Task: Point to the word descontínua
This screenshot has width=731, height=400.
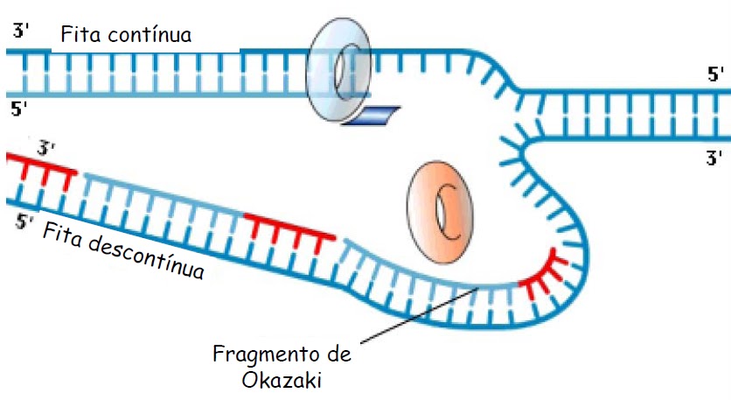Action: (x=143, y=255)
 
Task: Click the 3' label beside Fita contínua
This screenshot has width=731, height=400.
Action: (x=22, y=32)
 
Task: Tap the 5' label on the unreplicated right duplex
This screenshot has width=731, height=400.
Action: (x=715, y=74)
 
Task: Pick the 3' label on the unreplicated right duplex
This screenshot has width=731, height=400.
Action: (x=715, y=158)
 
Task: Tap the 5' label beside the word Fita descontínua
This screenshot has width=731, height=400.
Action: (x=24, y=221)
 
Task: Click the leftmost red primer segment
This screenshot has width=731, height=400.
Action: (x=40, y=165)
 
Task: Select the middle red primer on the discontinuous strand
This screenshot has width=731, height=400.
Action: (x=289, y=227)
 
